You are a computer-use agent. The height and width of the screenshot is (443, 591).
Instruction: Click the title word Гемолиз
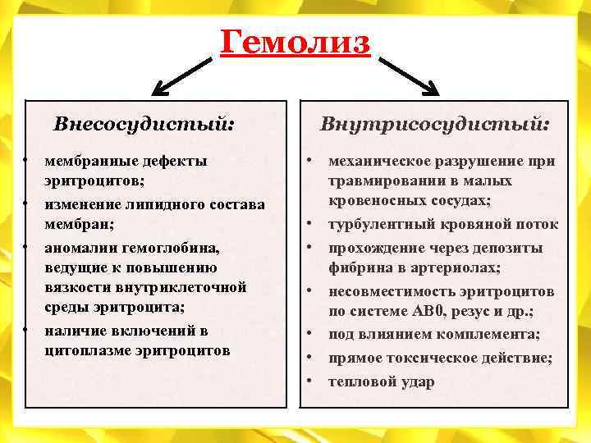(295, 41)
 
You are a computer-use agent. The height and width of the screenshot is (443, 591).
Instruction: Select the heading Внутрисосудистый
(434, 125)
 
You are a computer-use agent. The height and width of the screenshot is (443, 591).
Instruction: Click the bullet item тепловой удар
(381, 382)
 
